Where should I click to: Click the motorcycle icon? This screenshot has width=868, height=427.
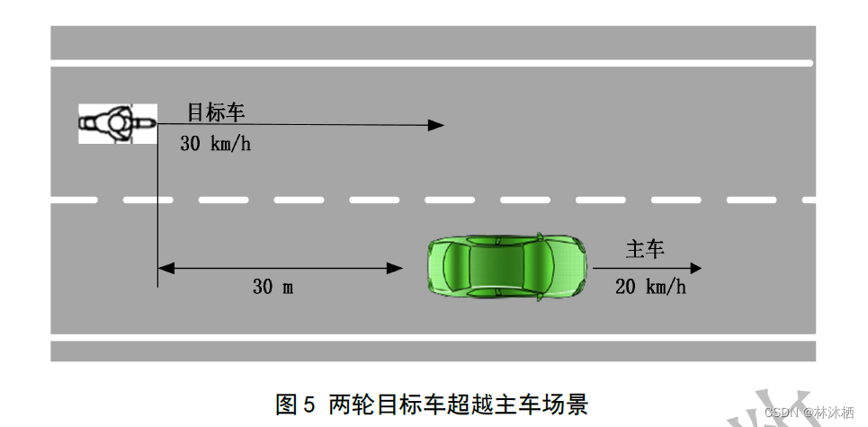[117, 123]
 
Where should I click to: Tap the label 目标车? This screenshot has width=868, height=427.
[216, 112]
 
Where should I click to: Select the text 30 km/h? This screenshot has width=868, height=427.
[215, 144]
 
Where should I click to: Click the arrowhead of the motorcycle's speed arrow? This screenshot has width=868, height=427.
[436, 125]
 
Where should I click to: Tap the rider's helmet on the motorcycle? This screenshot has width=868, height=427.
[117, 123]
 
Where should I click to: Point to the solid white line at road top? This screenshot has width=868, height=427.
[432, 63]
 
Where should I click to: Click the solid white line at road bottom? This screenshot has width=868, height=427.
[432, 337]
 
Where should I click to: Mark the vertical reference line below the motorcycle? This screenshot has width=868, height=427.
[157, 216]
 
